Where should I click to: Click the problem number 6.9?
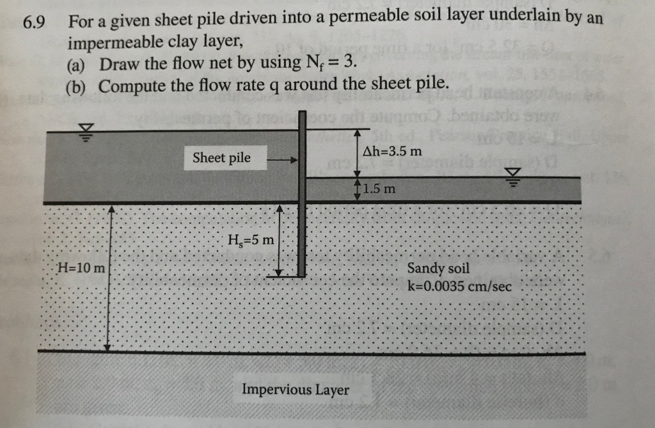tap(34, 24)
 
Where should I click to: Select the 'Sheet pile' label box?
tap(222, 157)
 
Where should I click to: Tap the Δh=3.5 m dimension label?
tap(392, 152)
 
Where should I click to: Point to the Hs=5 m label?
tap(250, 241)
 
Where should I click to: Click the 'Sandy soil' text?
tap(438, 269)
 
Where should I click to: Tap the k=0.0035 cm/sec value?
tap(459, 286)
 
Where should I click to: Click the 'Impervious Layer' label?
tap(296, 390)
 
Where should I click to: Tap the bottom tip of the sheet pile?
tap(303, 275)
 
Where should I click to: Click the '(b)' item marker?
tap(78, 86)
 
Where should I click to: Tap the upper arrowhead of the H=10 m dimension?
tap(111, 209)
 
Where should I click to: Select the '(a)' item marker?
tap(78, 65)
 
